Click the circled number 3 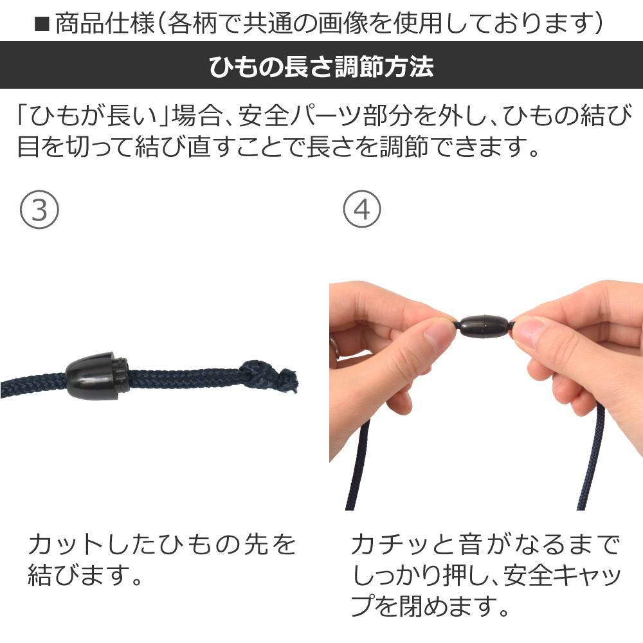[39, 210]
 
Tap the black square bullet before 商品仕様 [42, 24]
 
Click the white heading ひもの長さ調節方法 [321, 66]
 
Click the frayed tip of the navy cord [291, 381]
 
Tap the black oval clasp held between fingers [484, 327]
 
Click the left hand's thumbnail [438, 332]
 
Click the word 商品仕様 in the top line [105, 24]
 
